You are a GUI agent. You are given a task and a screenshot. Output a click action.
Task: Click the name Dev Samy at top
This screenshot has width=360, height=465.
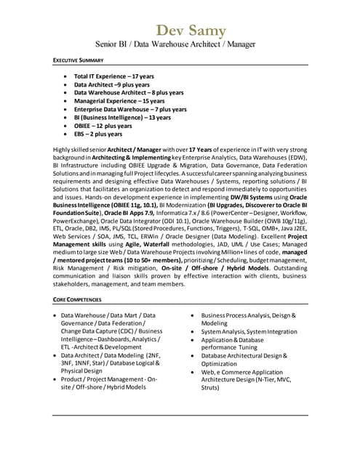(x=191, y=31)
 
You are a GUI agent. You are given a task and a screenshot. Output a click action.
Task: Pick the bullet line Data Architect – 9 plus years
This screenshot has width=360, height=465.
(x=112, y=84)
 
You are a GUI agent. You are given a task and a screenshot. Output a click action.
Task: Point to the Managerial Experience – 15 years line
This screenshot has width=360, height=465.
(x=119, y=101)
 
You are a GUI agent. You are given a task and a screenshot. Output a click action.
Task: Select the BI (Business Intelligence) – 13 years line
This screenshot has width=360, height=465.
(x=123, y=118)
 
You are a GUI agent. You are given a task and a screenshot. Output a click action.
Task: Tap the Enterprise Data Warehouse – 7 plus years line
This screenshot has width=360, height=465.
(x=130, y=109)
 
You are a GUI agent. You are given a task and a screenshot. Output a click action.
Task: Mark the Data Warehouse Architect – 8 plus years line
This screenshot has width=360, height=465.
(x=129, y=92)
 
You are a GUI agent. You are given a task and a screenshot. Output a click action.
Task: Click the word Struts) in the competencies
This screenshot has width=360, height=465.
(x=211, y=389)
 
